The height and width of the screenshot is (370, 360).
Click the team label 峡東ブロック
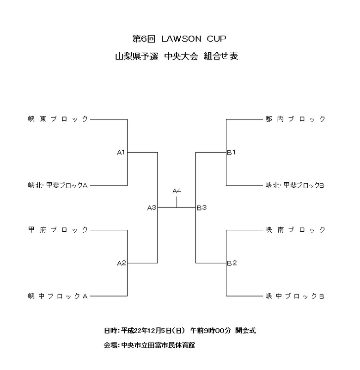[57, 119]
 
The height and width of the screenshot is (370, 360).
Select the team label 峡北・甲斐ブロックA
[57, 185]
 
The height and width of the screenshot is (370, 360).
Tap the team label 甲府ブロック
[57, 230]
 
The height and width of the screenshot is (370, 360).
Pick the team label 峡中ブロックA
[57, 296]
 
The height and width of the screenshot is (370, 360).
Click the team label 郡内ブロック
[295, 119]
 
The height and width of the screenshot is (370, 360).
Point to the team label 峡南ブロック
[295, 230]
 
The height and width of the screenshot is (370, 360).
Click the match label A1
[122, 152]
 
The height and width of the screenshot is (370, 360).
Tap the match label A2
[122, 263]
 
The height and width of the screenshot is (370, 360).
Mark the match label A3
[152, 208]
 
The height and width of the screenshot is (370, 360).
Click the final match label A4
[177, 191]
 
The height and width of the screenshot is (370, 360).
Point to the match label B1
[232, 152]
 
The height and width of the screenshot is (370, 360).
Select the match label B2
[232, 263]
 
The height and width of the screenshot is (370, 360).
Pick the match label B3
[201, 208]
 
